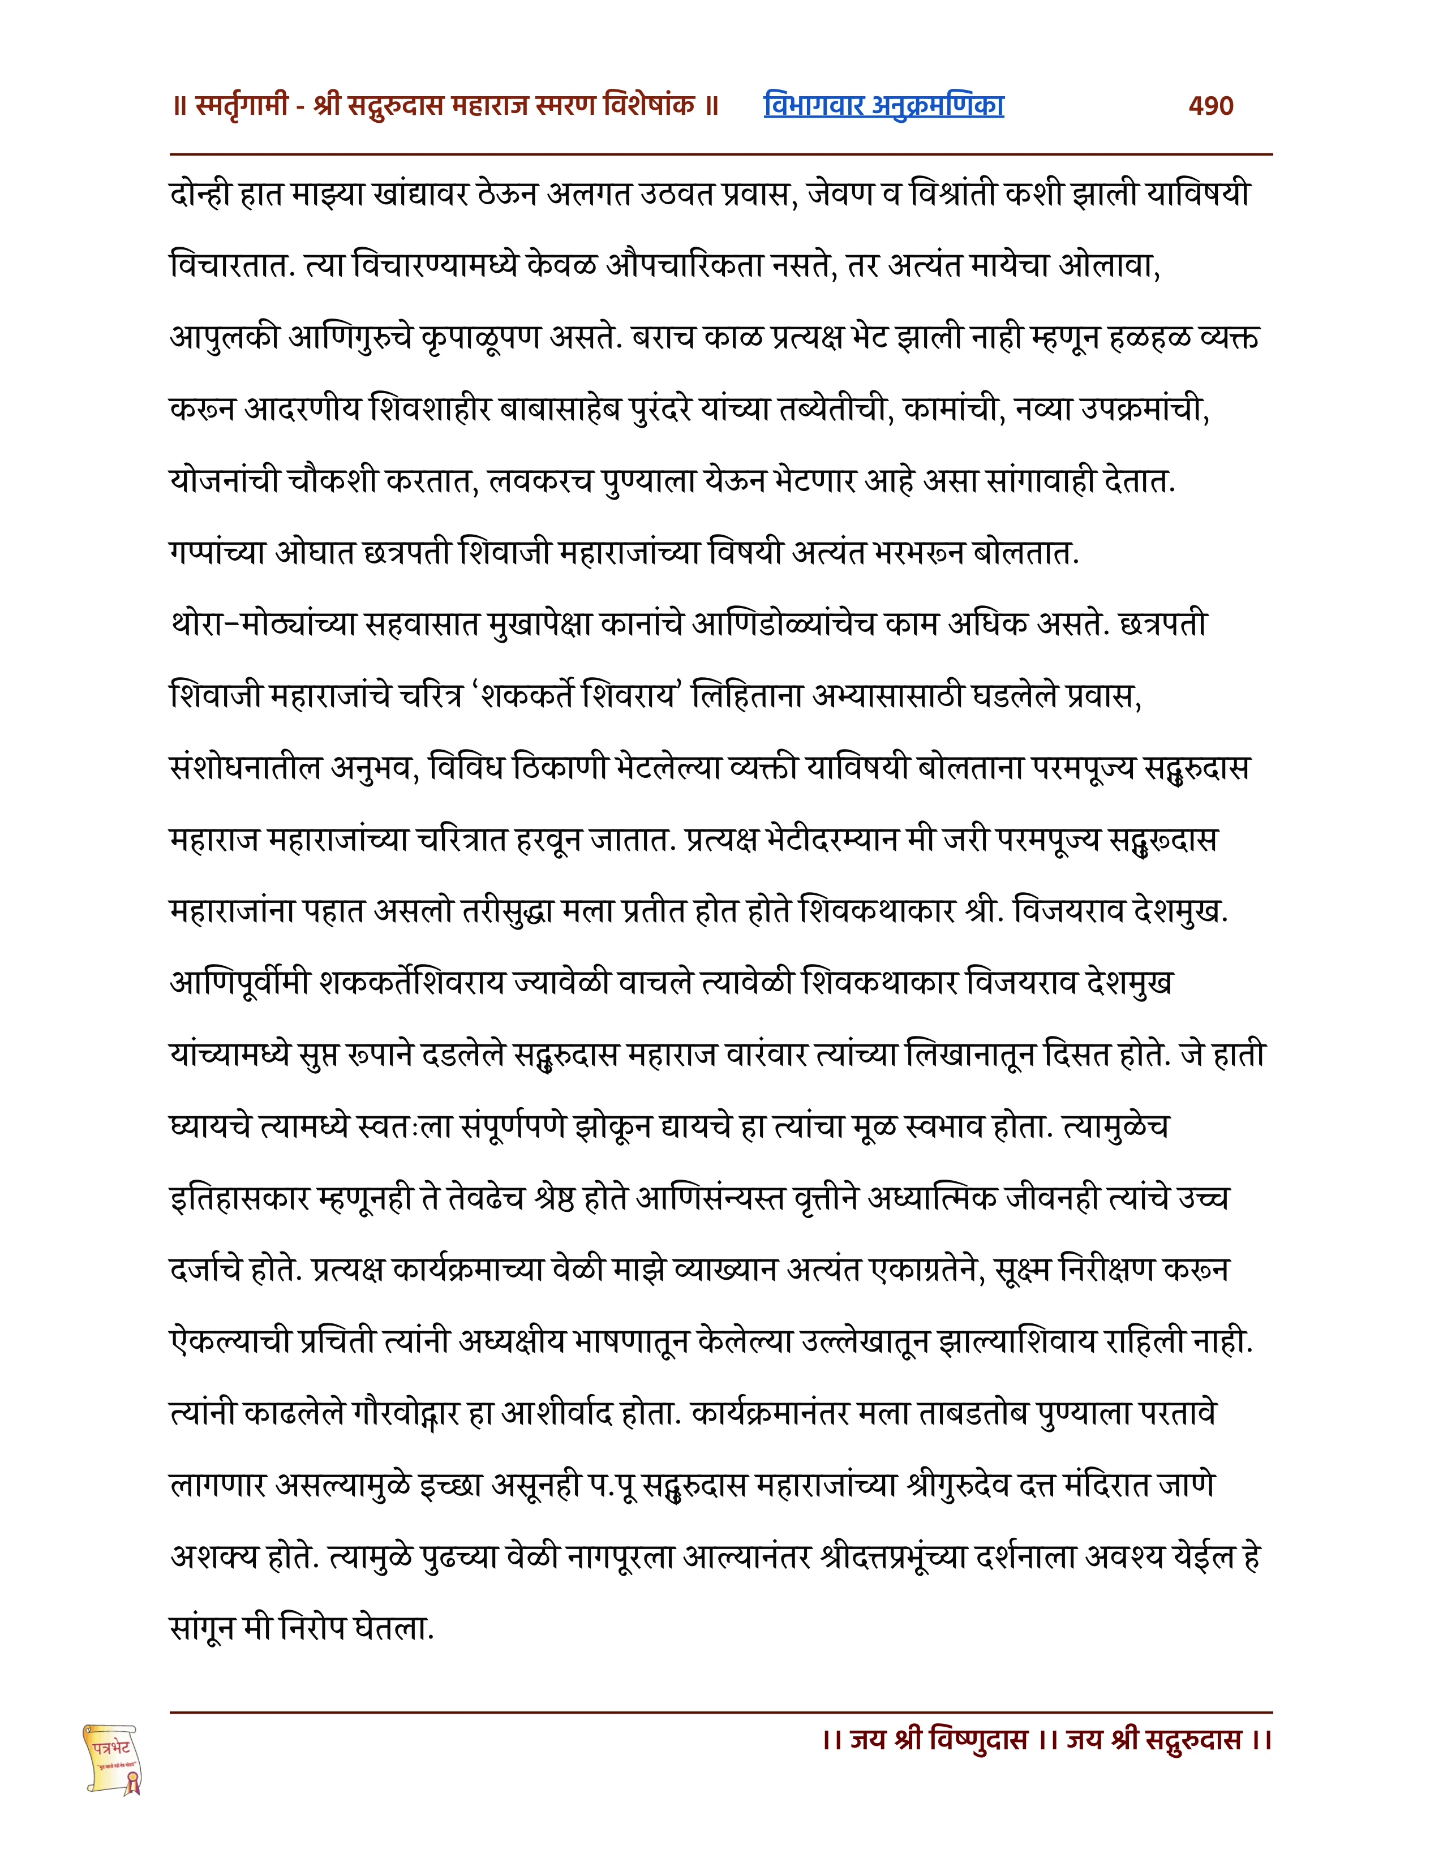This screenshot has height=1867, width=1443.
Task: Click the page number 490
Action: (1210, 106)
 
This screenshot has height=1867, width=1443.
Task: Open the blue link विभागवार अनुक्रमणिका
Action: (883, 106)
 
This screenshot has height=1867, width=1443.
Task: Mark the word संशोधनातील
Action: (246, 768)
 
